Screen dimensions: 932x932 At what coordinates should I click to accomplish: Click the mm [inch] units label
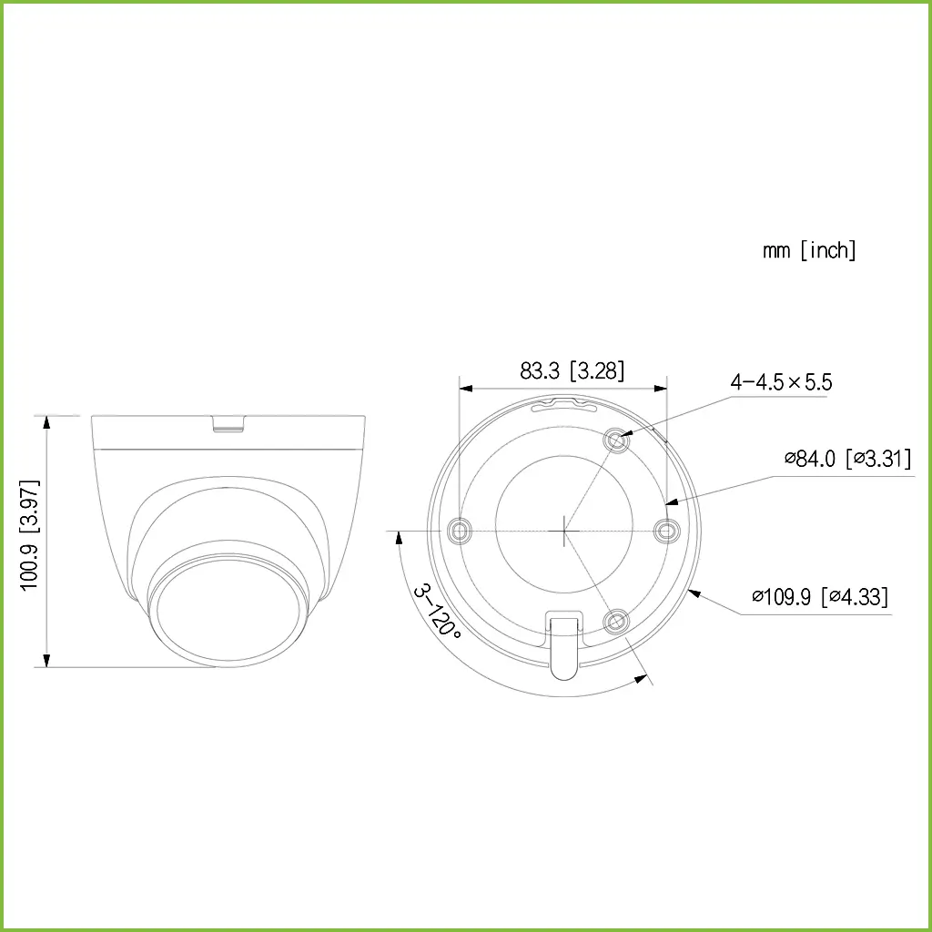pos(809,250)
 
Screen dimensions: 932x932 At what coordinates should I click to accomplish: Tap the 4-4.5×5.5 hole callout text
pos(781,382)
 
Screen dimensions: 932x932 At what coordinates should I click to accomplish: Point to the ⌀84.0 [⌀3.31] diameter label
pos(847,459)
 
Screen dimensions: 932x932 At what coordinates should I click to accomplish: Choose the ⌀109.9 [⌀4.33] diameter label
pos(820,597)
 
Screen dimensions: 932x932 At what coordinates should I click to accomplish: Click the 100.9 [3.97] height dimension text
pos(31,536)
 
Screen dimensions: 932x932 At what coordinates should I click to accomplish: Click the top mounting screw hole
pos(617,441)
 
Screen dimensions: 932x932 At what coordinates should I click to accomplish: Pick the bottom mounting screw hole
pos(617,622)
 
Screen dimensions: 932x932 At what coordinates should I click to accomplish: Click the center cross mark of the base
pos(564,529)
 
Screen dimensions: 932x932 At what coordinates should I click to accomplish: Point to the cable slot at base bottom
pos(563,642)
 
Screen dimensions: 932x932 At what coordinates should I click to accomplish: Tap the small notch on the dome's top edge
pos(228,422)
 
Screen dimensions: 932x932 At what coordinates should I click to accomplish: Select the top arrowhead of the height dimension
pos(46,421)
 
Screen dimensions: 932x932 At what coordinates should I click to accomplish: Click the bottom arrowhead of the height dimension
pos(46,661)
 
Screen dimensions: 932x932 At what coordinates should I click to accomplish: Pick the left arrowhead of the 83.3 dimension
pos(465,388)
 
